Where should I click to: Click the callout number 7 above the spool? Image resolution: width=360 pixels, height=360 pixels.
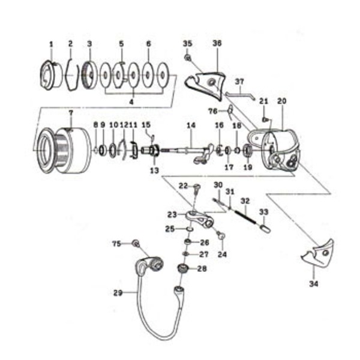(70, 113)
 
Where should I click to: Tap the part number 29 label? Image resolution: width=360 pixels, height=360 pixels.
(117, 293)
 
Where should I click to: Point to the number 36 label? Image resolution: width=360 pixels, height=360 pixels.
(217, 44)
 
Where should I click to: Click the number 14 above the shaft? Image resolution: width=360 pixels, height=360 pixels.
(191, 125)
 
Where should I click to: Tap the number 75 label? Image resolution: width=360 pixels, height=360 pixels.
(117, 243)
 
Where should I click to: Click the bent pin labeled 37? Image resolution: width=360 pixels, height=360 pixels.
(241, 94)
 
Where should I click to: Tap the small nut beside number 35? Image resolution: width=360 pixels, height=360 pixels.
(188, 57)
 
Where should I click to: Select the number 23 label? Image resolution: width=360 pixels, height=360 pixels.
(172, 214)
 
